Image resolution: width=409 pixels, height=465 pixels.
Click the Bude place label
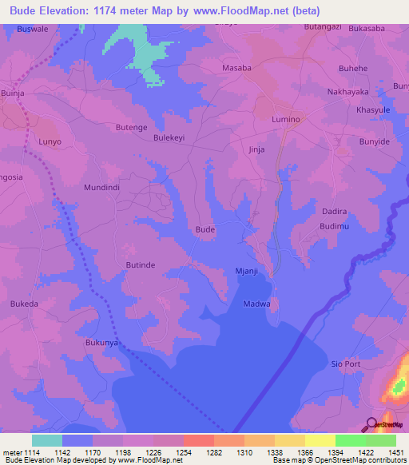point(205,229)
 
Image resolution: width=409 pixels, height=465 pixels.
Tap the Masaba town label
point(236,69)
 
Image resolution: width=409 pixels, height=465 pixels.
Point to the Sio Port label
point(347,364)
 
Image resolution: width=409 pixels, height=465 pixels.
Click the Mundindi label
point(102,188)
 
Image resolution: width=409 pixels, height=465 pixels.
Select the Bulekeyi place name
point(169,137)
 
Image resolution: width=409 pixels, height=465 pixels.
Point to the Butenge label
point(131,127)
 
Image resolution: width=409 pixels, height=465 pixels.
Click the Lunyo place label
point(50,141)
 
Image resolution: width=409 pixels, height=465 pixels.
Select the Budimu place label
point(335,227)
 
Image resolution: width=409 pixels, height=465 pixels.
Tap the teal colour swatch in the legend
point(47,440)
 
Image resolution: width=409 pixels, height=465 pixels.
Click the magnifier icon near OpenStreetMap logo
point(371,424)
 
